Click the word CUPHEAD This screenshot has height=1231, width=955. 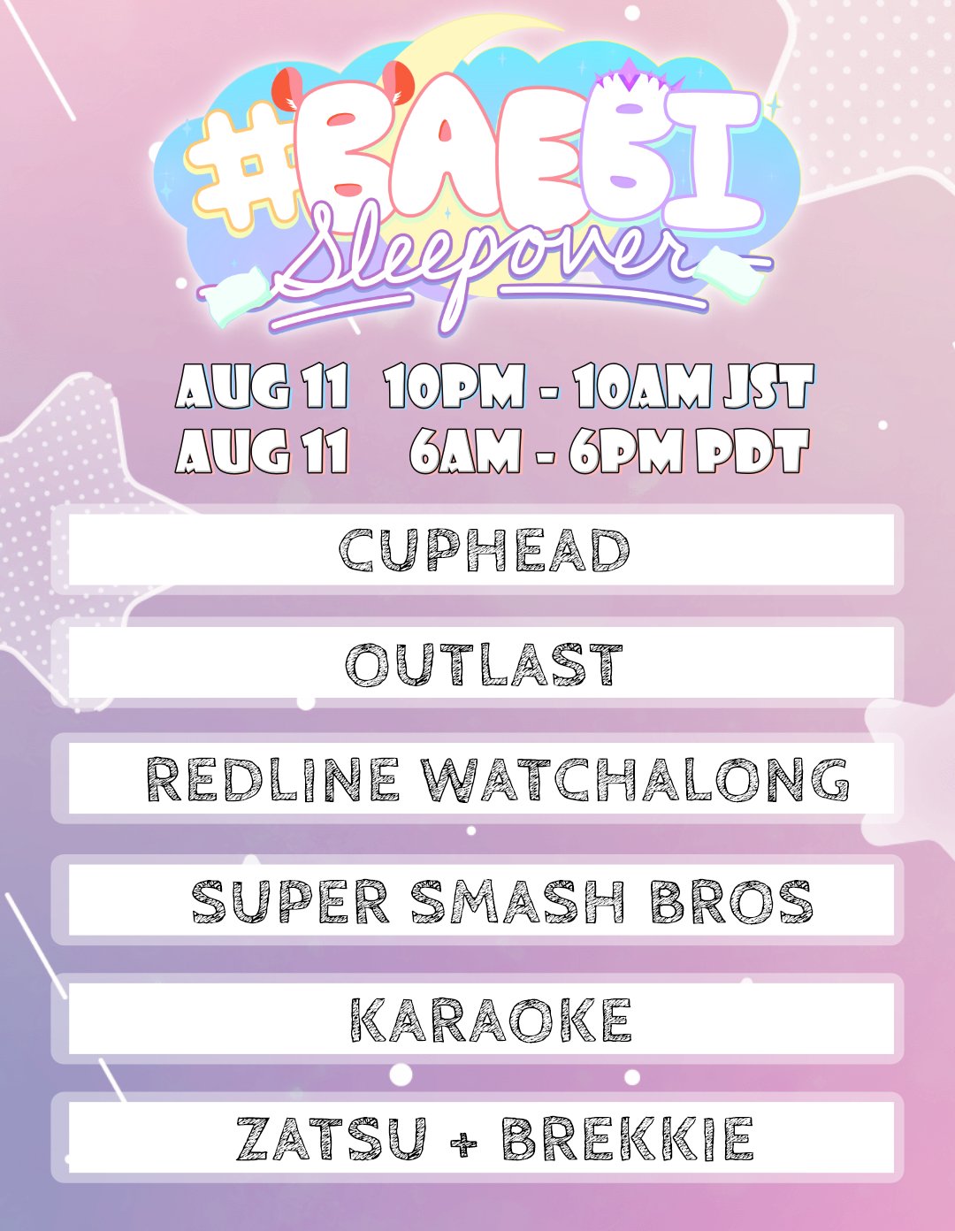pyautogui.click(x=485, y=549)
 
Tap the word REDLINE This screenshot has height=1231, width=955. pyautogui.click(x=271, y=780)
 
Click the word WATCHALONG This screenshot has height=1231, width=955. pyautogui.click(x=635, y=780)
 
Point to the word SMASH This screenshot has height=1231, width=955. pyautogui.click(x=517, y=901)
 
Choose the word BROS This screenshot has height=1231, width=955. pyautogui.click(x=731, y=901)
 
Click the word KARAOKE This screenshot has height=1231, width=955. pyautogui.click(x=491, y=1021)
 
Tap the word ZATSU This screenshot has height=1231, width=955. pyautogui.click(x=331, y=1139)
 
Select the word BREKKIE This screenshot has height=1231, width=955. pyautogui.click(x=628, y=1139)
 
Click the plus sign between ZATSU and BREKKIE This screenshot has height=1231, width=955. pyautogui.click(x=463, y=1142)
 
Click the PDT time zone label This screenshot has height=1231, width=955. pyautogui.click(x=753, y=452)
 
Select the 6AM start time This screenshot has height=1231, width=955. pyautogui.click(x=465, y=452)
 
